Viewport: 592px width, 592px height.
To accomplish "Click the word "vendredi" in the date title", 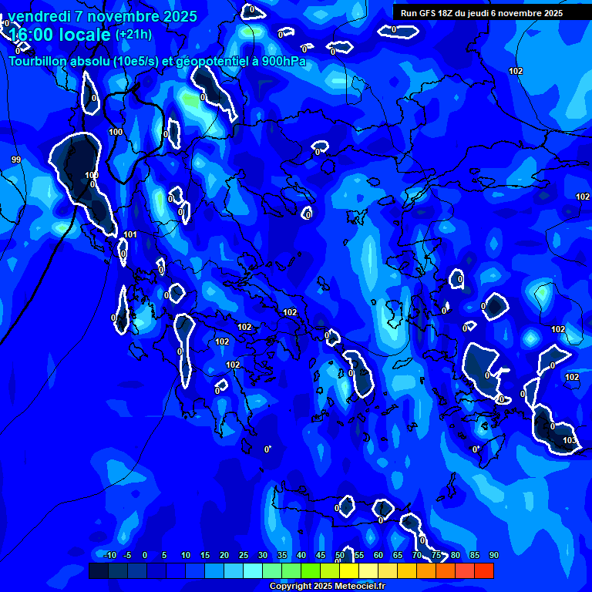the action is tap(38, 16).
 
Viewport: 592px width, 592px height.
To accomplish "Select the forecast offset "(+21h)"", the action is tap(133, 34).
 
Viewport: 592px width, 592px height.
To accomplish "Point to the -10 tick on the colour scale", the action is tap(109, 556).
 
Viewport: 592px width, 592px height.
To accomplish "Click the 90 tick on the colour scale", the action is tap(493, 556).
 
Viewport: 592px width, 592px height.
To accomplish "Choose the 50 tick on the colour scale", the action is tap(340, 556).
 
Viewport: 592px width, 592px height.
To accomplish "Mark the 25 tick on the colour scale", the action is tap(244, 556).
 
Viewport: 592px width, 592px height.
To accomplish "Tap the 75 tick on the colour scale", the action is tap(436, 556).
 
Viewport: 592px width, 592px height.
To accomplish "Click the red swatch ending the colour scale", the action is tap(484, 570).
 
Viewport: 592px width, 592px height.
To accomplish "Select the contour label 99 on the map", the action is tap(15, 160).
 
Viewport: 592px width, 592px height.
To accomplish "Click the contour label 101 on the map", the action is tap(130, 235).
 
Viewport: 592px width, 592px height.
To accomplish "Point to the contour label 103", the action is tap(569, 441).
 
